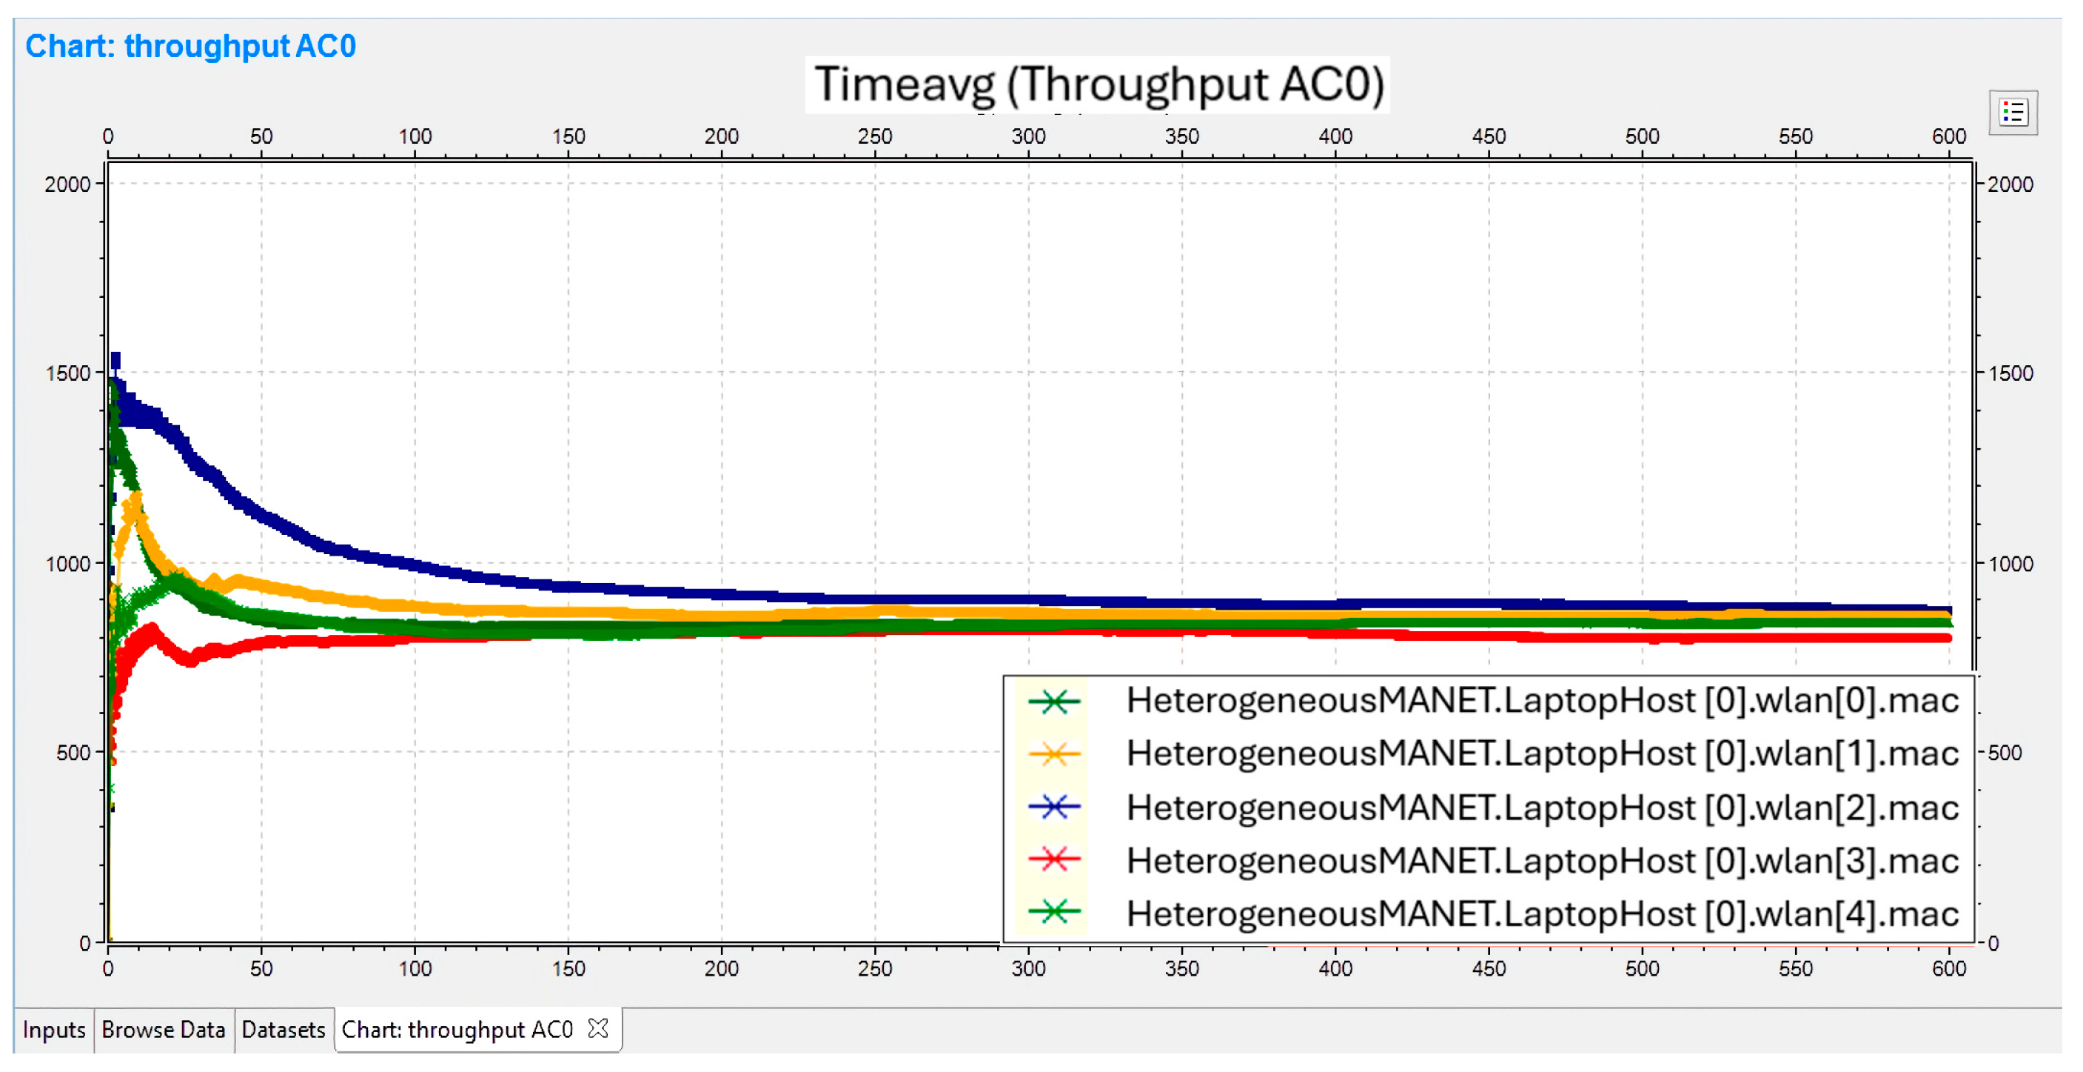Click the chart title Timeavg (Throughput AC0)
(x=1098, y=84)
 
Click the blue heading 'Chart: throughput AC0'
(x=191, y=46)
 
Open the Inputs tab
(x=53, y=1029)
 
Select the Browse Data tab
(x=164, y=1029)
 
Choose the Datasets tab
(x=283, y=1029)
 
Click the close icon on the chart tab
(x=598, y=1028)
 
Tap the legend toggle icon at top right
(x=2013, y=113)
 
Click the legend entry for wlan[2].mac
(x=1542, y=808)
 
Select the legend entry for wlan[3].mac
(x=1542, y=860)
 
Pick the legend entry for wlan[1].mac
(x=1542, y=753)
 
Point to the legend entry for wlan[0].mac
(x=1542, y=700)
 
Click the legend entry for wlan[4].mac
(x=1542, y=913)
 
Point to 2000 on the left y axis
(x=67, y=184)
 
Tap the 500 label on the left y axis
(x=73, y=753)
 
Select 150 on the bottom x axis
(x=568, y=968)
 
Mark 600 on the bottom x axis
(x=1949, y=968)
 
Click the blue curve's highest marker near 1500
(x=115, y=361)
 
